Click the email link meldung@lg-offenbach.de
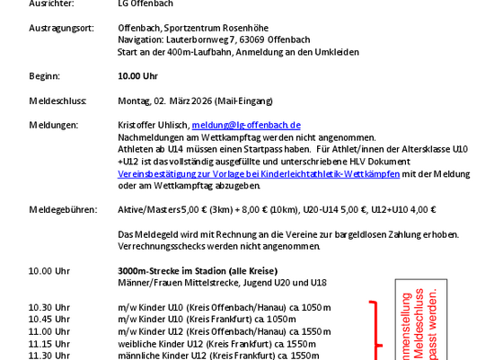tap(246, 125)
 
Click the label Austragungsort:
tap(61, 29)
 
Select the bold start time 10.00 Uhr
tap(137, 76)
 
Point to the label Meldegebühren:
tap(62, 210)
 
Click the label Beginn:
tap(44, 76)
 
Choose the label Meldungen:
tap(53, 125)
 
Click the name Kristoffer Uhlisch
tap(153, 125)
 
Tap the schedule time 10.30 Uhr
tap(49, 307)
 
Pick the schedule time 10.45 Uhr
tap(49, 319)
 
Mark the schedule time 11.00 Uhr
tap(49, 331)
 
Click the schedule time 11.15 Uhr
tap(49, 343)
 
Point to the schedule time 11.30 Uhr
tap(49, 355)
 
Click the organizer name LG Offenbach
tap(146, 4)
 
